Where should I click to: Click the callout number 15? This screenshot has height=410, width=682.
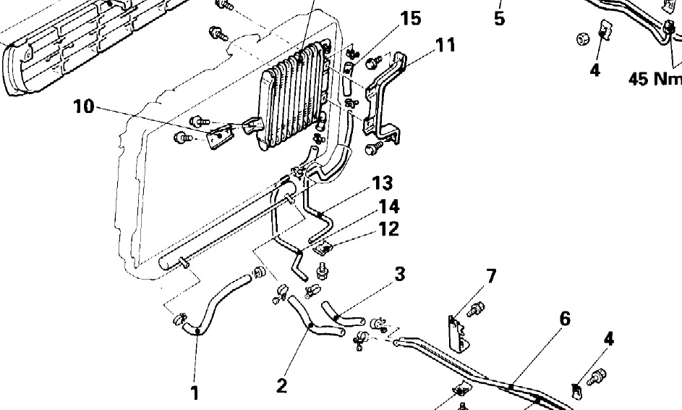click(x=411, y=19)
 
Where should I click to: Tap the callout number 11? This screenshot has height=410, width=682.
click(x=445, y=45)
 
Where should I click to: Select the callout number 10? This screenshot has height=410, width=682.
click(x=83, y=106)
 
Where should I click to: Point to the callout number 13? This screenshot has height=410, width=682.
click(x=383, y=183)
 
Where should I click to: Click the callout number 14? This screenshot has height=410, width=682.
click(x=389, y=206)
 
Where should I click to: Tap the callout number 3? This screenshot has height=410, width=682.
click(x=400, y=275)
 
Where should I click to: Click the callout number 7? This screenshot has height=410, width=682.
click(x=490, y=276)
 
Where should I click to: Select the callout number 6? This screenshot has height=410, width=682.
click(x=565, y=319)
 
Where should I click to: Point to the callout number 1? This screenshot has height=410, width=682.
click(x=195, y=393)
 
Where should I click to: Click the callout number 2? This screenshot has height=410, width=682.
click(x=282, y=385)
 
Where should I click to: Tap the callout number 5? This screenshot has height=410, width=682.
click(x=499, y=19)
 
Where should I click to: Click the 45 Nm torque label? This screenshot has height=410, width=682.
click(x=655, y=79)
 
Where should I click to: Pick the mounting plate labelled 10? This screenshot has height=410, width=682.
click(x=220, y=136)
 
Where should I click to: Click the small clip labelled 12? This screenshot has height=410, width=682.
click(x=323, y=248)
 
